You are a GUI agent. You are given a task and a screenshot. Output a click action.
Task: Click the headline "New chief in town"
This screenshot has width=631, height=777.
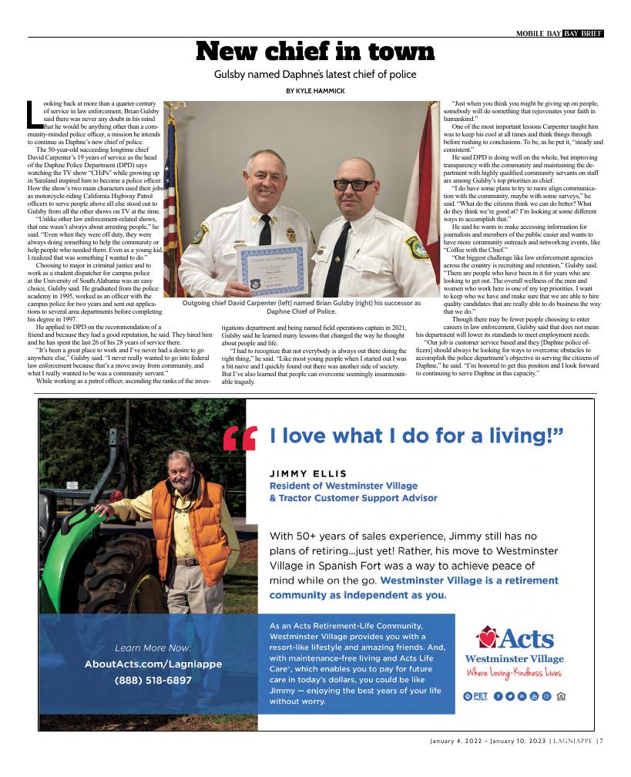tap(315, 52)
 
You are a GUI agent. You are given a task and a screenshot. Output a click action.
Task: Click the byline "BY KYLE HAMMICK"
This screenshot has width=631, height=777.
tap(315, 90)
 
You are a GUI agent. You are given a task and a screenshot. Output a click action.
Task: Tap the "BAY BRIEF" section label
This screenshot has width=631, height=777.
tap(583, 33)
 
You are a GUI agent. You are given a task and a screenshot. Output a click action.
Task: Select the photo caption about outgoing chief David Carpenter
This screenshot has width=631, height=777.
tap(301, 307)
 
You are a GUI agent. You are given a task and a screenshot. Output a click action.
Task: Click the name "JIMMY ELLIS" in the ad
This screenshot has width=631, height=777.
tap(307, 473)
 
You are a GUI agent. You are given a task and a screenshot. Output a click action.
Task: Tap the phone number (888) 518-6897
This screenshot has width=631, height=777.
tap(153, 680)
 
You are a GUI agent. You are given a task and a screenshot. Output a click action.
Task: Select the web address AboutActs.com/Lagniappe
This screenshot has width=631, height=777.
tap(153, 664)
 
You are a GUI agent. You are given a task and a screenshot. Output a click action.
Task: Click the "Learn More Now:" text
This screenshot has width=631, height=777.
tap(153, 647)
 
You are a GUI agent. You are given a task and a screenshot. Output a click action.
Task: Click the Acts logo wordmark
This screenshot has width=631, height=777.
tap(514, 638)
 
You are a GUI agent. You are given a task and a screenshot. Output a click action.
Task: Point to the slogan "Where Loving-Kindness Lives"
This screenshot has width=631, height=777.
tap(514, 673)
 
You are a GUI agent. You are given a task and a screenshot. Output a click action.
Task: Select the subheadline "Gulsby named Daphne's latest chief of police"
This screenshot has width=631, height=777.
tap(315, 74)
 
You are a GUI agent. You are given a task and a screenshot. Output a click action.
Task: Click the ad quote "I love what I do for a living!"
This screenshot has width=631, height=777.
tap(416, 436)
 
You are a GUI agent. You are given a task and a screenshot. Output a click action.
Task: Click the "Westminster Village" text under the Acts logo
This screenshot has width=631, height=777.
tap(514, 658)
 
